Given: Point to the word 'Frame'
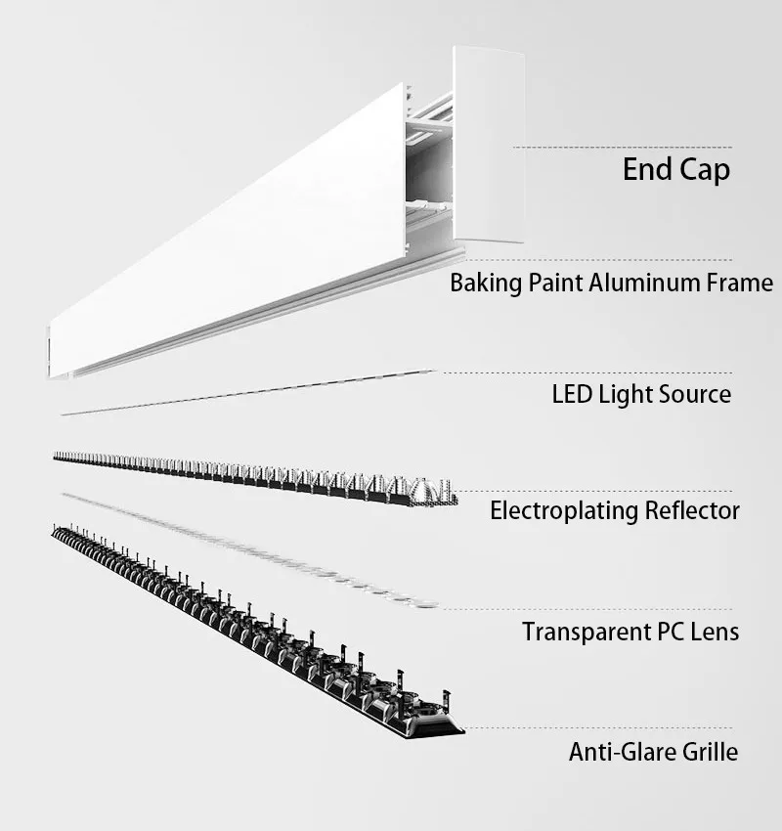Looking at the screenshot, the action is click(740, 284).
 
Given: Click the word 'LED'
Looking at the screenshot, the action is click(572, 395).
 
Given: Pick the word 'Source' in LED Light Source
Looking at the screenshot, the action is click(696, 395).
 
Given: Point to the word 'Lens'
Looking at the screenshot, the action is click(716, 632).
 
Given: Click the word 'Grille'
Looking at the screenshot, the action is click(709, 753).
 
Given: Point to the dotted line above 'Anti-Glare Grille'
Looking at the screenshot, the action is click(596, 729).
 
